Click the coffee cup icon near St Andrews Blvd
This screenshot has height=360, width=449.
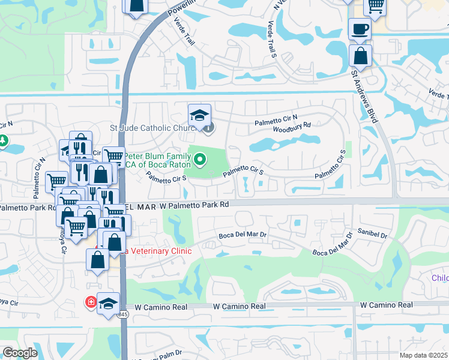click(x=360, y=29)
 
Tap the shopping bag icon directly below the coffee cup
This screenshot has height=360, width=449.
click(x=360, y=56)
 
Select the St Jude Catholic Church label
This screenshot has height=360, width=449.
click(x=154, y=128)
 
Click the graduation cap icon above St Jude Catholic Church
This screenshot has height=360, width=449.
click(x=200, y=115)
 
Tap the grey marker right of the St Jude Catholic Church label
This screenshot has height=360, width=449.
click(x=208, y=127)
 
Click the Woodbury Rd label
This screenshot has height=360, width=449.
click(x=291, y=125)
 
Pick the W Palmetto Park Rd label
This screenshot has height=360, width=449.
click(x=192, y=205)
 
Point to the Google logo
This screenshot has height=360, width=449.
click(x=19, y=353)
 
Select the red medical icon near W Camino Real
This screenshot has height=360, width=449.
click(x=91, y=301)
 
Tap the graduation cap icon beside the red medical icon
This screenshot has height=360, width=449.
click(x=108, y=304)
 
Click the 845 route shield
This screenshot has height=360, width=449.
click(x=123, y=314)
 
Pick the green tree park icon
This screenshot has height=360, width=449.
click(x=3, y=141)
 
